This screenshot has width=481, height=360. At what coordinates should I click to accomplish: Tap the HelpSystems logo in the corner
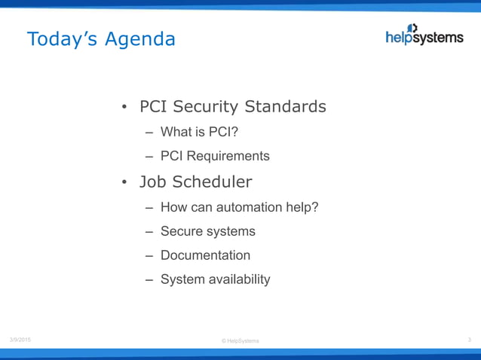(x=424, y=35)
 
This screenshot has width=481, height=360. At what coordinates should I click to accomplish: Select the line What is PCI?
(x=200, y=133)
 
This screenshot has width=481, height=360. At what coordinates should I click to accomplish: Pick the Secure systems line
(x=207, y=231)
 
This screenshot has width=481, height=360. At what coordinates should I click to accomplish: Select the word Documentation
(x=205, y=255)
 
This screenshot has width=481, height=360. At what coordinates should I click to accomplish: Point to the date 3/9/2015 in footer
(x=20, y=340)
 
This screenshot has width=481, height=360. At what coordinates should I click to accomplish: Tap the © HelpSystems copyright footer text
(x=240, y=341)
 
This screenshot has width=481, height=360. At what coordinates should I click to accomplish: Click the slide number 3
(x=469, y=340)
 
